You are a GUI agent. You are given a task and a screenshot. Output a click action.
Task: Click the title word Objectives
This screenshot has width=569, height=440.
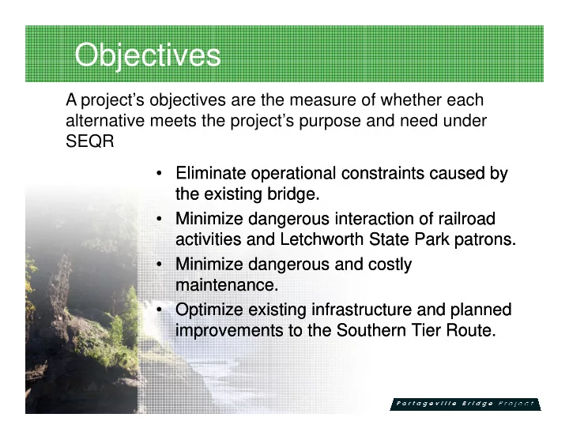[148, 55]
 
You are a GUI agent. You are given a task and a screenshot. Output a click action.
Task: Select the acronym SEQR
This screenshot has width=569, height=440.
[90, 141]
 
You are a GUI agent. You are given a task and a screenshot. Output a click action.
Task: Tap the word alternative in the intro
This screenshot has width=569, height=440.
[105, 120]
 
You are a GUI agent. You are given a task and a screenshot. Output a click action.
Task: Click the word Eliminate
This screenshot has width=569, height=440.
[210, 173]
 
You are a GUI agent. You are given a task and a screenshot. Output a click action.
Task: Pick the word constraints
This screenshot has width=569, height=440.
[382, 173]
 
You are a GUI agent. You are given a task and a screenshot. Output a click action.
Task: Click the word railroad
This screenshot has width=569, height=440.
[467, 219]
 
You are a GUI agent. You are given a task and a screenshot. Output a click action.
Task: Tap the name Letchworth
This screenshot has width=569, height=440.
[322, 239]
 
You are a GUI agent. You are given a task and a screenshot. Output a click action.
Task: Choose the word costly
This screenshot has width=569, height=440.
[390, 265]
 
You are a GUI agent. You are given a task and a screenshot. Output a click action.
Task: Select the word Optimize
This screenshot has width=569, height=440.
[209, 310]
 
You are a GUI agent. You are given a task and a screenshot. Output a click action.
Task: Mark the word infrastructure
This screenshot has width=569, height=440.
[361, 310]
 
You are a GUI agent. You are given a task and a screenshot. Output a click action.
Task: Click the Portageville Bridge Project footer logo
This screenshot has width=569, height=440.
[465, 404]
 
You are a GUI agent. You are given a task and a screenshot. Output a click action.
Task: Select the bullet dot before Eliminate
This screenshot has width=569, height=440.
[159, 173]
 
